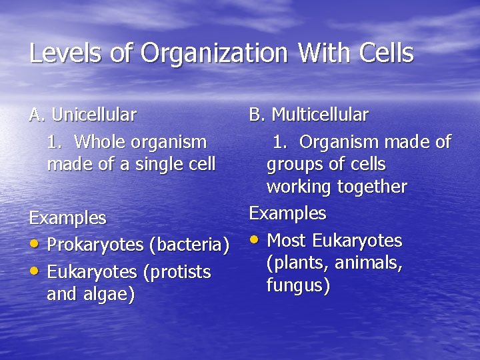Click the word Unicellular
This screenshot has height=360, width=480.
[93, 115]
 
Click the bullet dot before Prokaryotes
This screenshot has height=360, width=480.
[33, 244]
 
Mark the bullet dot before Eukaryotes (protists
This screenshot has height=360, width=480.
[33, 271]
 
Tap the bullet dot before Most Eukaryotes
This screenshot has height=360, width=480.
[253, 239]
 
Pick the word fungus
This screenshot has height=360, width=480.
[297, 286]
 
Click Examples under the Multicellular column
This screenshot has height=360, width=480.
[287, 213]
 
